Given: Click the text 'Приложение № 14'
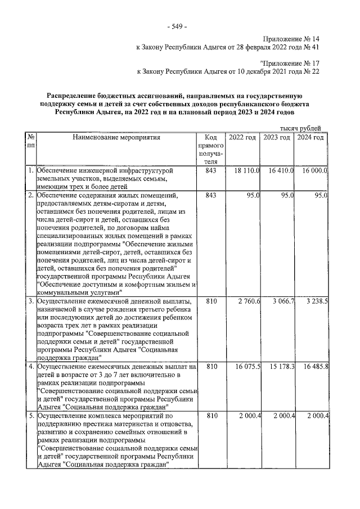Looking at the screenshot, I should pos(291,39).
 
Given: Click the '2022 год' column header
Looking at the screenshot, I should pos(242,138).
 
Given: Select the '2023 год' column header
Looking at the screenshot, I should pos(277,138).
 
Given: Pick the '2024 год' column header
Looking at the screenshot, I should pos(310,138).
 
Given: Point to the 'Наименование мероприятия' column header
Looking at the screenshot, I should pos(116,138).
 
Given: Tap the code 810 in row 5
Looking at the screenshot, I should pos(210,416).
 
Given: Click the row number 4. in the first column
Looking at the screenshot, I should pos(31,367).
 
